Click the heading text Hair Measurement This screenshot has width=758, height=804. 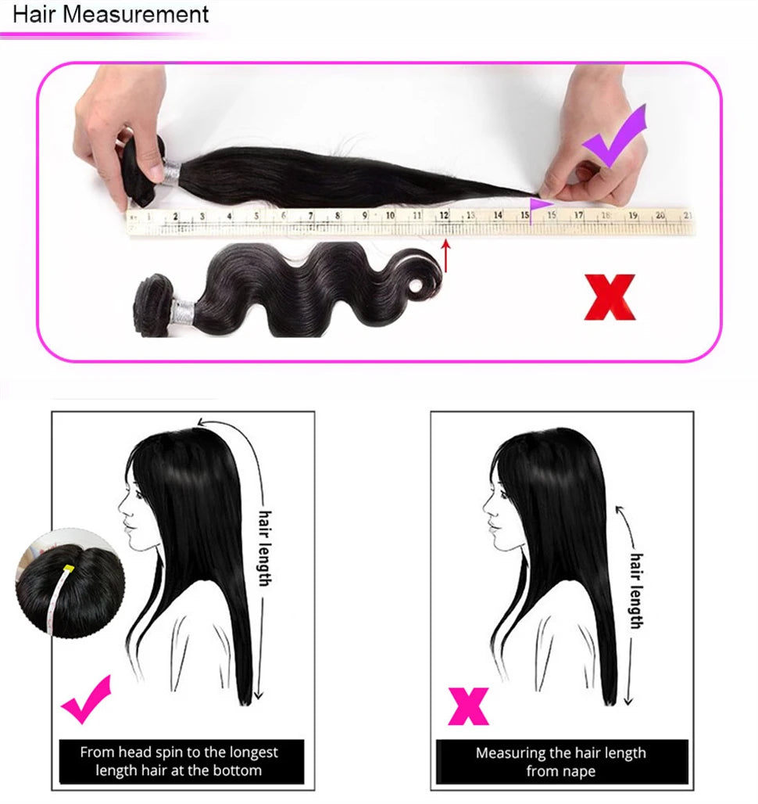click(112, 14)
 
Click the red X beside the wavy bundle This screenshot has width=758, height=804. click(610, 297)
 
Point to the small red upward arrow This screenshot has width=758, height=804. click(446, 257)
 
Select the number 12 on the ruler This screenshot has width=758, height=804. click(444, 215)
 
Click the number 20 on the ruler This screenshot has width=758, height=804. click(660, 215)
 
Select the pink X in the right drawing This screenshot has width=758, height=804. click(468, 705)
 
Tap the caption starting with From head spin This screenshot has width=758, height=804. click(179, 761)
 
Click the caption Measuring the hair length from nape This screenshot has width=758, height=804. click(560, 762)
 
